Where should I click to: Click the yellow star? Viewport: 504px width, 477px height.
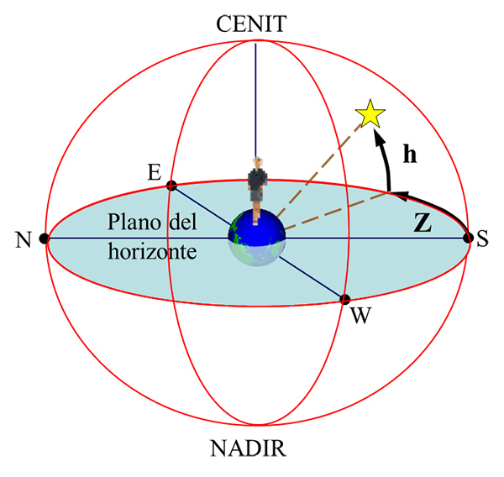coord(369,114)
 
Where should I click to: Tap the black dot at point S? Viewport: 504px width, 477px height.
coord(468,238)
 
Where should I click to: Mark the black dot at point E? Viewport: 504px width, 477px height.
coord(171,185)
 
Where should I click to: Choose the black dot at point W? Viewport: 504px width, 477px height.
coord(344,299)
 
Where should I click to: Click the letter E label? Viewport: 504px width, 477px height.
coord(153,173)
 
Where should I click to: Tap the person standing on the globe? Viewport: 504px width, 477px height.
coord(258,181)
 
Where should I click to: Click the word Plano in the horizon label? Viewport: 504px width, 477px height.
coord(134,225)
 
